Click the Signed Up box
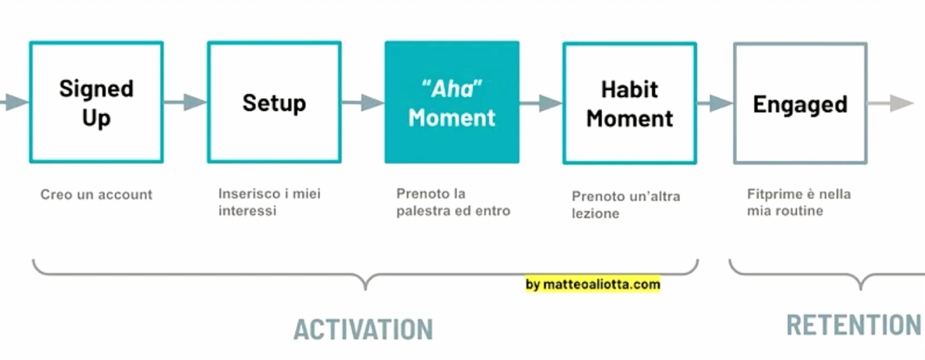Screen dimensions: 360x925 pyautogui.click(x=96, y=103)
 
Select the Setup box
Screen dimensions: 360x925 pyautogui.click(x=274, y=103)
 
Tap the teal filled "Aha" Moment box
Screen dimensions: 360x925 pyautogui.click(x=452, y=103)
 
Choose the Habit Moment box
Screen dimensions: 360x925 pyautogui.click(x=629, y=103)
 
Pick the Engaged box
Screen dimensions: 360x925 pyautogui.click(x=799, y=103)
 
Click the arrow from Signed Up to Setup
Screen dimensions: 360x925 pyautogui.click(x=185, y=102)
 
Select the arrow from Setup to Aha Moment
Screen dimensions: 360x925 pyautogui.click(x=362, y=102)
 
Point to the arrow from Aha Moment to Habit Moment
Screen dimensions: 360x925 pyautogui.click(x=540, y=102)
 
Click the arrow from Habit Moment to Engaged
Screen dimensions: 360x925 pyautogui.click(x=715, y=102)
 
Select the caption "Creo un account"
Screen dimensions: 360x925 pyautogui.click(x=96, y=194)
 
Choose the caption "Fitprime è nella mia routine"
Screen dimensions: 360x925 pyautogui.click(x=799, y=202)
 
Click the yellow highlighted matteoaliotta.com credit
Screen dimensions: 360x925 pyautogui.click(x=593, y=284)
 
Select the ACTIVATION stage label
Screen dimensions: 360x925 pyautogui.click(x=363, y=328)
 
